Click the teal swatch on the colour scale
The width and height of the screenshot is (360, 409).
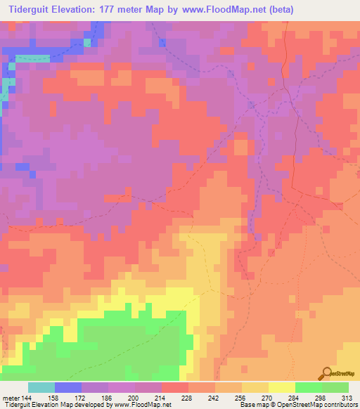point(41,387)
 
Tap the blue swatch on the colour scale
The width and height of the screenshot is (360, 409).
point(68,387)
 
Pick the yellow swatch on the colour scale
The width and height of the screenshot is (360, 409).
point(282,387)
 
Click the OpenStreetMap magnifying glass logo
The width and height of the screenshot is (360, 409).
point(326,373)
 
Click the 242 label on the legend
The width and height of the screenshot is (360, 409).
point(215,398)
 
